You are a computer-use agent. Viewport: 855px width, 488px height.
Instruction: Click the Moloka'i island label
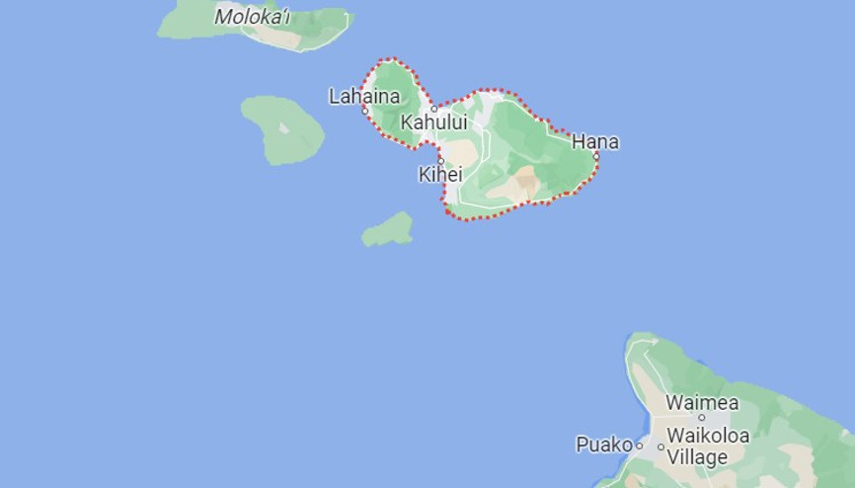[x=252, y=16]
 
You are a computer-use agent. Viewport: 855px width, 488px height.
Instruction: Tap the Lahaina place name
[x=364, y=96]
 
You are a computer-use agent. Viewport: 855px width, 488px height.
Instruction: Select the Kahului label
[x=433, y=122]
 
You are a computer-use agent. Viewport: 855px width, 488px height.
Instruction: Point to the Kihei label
[x=440, y=174]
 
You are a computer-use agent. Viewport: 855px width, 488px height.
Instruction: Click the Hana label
[x=595, y=141]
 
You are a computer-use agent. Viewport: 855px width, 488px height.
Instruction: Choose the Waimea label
[x=702, y=402]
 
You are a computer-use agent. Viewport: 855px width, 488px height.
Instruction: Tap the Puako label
[x=602, y=445]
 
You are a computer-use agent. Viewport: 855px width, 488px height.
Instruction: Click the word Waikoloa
[x=708, y=436]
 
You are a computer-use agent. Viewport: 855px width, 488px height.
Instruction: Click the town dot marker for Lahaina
[x=365, y=110]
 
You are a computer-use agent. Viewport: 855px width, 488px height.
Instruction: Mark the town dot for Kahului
[x=433, y=109]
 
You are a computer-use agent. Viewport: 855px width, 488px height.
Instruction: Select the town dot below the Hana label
[x=596, y=155]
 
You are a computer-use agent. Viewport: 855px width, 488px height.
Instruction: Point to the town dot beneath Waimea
[x=702, y=417]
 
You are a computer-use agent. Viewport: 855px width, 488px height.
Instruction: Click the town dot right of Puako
[x=639, y=446]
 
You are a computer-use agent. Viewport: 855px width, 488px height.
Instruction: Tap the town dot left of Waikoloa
[x=661, y=436]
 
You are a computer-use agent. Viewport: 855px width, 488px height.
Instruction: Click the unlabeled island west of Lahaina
[x=283, y=129]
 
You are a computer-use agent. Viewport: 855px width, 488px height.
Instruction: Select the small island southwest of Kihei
[x=388, y=231]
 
